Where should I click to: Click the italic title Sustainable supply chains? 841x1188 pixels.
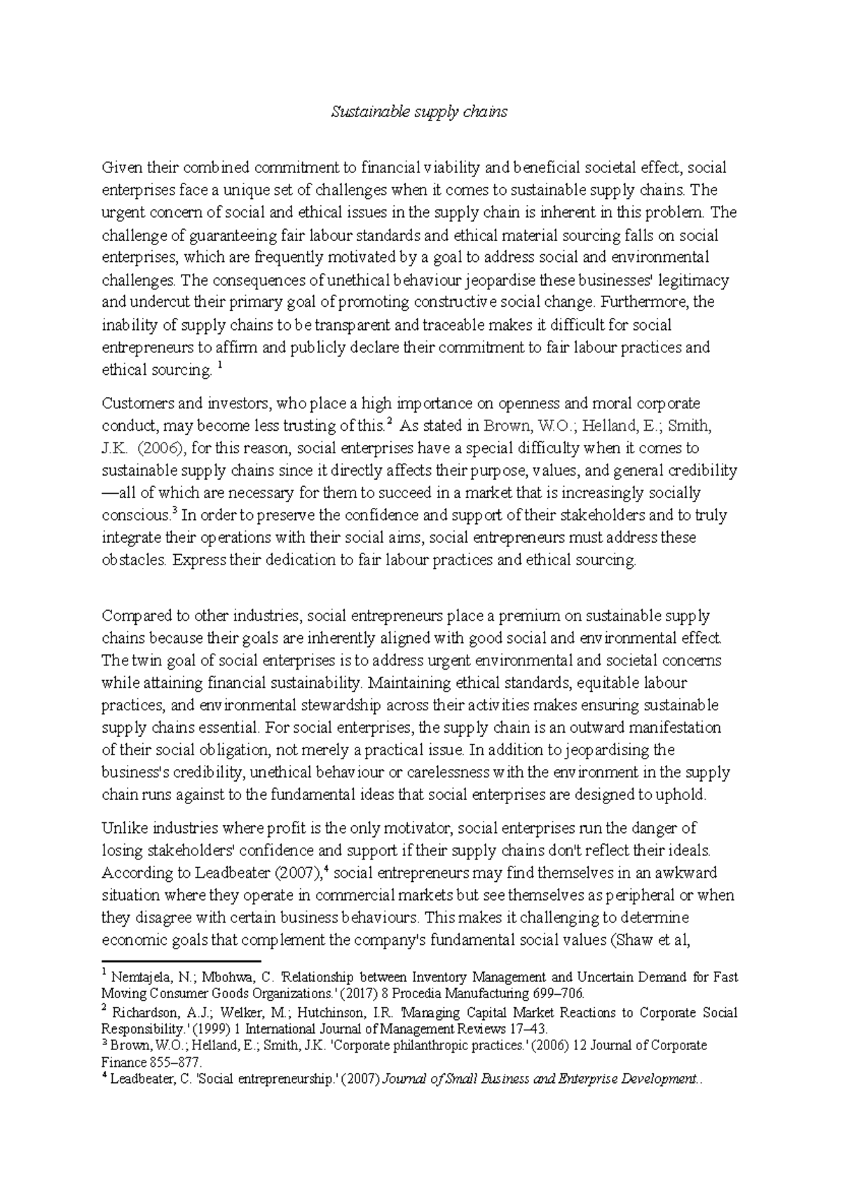point(419,111)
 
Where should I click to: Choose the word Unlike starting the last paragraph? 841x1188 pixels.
point(122,829)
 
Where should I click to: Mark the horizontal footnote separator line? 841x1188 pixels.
point(181,961)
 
